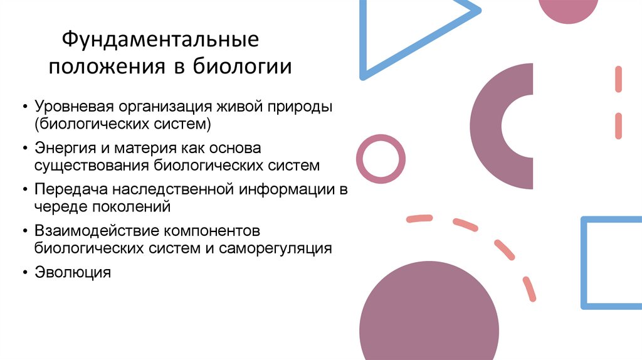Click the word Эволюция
coord(73,272)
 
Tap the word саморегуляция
coord(275,248)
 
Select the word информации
coord(285,189)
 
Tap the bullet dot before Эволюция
coord(24,273)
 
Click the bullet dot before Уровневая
coord(24,107)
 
